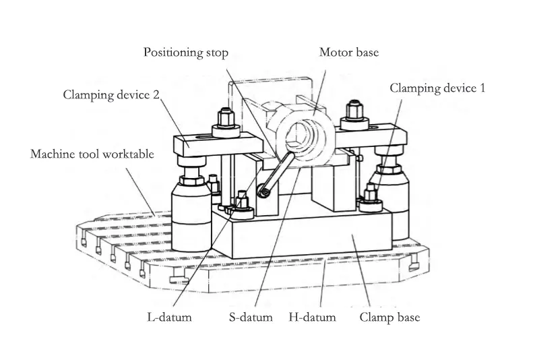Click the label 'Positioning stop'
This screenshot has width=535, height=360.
tap(185, 53)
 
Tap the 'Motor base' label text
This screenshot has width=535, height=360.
tap(348, 53)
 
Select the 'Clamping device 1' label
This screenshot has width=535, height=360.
tap(437, 88)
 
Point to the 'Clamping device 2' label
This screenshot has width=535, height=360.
tap(112, 94)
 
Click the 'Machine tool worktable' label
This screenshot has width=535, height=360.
tap(92, 154)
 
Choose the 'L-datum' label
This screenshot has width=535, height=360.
tap(169, 316)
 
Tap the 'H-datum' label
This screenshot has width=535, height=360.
tap(312, 316)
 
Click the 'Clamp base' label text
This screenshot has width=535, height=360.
tap(389, 316)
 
